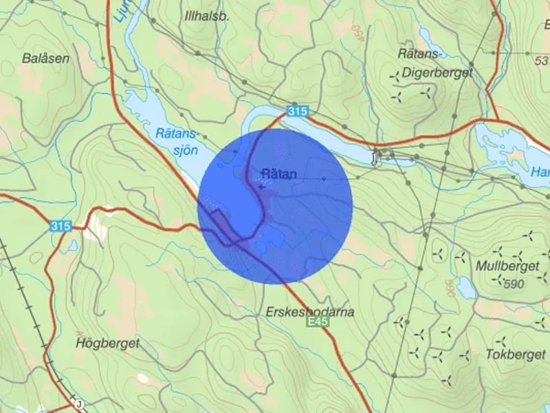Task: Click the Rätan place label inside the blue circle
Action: pyautogui.click(x=279, y=174)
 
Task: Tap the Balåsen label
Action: pyautogui.click(x=46, y=59)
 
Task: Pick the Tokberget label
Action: pyautogui.click(x=515, y=354)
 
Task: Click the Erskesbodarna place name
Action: pyautogui.click(x=309, y=313)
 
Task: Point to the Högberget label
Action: pyautogui.click(x=108, y=343)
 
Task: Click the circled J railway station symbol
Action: pyautogui.click(x=80, y=405)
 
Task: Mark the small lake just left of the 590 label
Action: pyautogui.click(x=466, y=287)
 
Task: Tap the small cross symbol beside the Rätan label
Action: pyautogui.click(x=261, y=186)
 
